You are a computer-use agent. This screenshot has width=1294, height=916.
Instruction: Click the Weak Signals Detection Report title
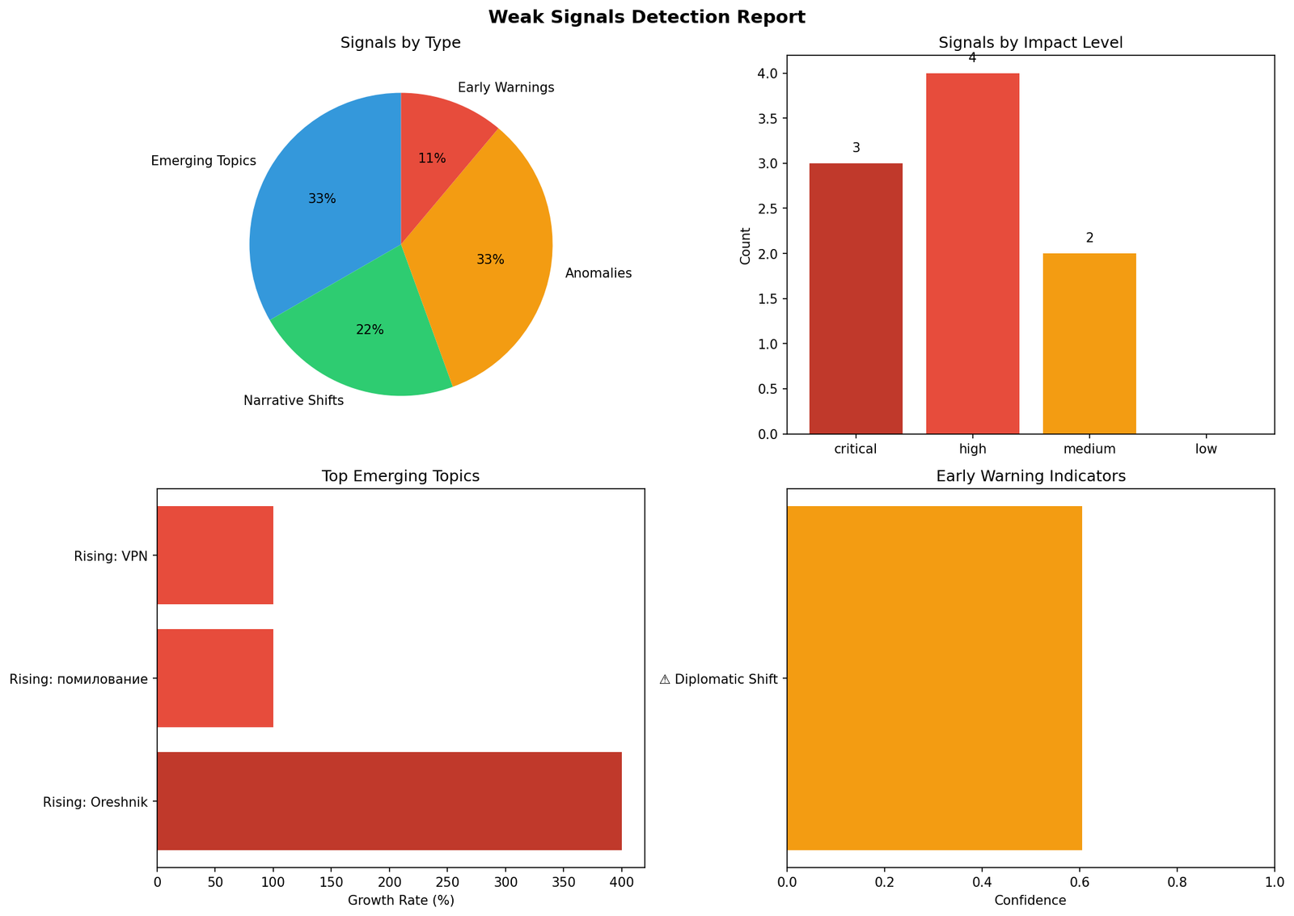646,17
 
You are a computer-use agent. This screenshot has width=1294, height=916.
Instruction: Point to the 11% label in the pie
432,158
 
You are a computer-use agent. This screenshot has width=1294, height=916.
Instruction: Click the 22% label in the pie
370,330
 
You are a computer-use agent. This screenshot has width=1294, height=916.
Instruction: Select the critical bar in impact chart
856,299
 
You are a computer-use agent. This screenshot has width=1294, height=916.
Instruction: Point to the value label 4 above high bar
972,58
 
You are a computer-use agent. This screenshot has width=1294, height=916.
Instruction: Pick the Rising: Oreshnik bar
389,801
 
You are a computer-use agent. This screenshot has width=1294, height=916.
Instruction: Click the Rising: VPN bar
215,555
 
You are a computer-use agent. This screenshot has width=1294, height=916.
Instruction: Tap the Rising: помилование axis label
78,679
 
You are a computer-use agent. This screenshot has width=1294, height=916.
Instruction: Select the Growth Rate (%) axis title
400,900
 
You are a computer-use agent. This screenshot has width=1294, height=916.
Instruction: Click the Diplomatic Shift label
718,679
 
